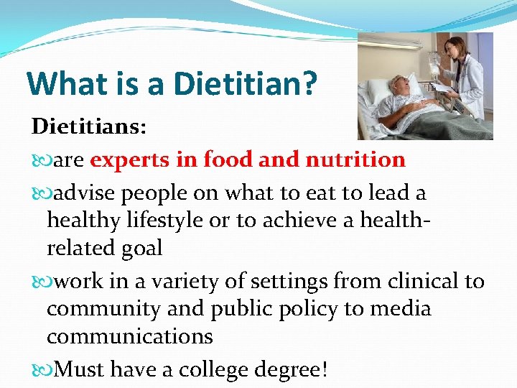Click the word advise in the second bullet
pos(86,193)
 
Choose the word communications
pos(130,336)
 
